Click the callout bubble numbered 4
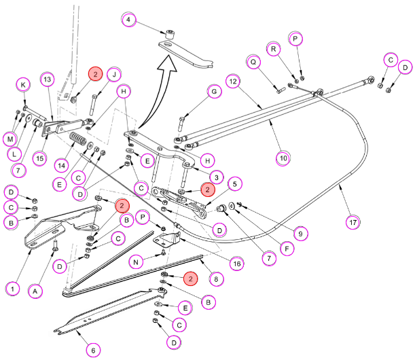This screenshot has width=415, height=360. (128, 19)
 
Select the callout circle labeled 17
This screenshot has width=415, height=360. (353, 222)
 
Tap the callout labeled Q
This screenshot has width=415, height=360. (253, 62)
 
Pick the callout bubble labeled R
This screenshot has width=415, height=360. (274, 49)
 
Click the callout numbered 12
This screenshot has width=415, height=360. (233, 82)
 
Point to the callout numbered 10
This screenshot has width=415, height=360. (283, 158)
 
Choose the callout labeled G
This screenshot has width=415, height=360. (214, 92)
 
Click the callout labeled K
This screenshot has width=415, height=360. (23, 85)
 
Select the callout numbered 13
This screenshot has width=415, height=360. (47, 79)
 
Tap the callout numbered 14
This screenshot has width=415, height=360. (61, 166)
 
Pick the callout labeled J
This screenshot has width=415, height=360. (114, 75)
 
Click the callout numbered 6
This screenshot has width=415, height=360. (93, 350)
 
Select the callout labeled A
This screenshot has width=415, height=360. (35, 291)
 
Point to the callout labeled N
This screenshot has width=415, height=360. (136, 262)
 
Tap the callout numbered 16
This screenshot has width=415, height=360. (237, 264)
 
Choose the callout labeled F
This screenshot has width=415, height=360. (287, 249)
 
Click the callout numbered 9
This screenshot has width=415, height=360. (300, 234)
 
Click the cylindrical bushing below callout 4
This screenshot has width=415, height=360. (169, 35)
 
